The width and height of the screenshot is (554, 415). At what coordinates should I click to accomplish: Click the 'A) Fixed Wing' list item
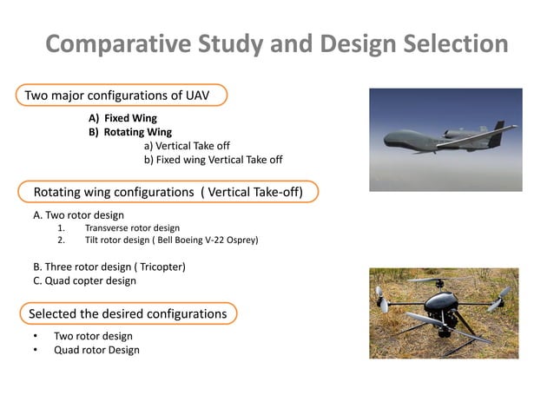tap(122, 117)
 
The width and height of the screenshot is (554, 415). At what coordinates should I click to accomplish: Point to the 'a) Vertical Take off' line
tap(186, 146)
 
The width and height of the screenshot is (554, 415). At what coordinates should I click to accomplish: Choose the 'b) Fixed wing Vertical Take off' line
tap(213, 160)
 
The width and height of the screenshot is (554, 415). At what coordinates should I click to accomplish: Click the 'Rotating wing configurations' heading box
tap(168, 191)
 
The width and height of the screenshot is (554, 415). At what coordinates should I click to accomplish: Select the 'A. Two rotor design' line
tap(78, 214)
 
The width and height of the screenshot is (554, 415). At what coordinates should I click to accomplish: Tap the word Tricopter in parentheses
tap(160, 266)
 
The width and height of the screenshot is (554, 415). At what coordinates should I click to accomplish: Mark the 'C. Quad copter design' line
tap(84, 280)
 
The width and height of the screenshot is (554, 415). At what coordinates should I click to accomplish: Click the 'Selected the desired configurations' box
tap(128, 313)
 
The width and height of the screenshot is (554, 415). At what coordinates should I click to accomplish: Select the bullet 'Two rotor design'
tap(93, 336)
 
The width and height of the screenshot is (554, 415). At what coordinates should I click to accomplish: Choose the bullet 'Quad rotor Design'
tap(96, 350)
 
